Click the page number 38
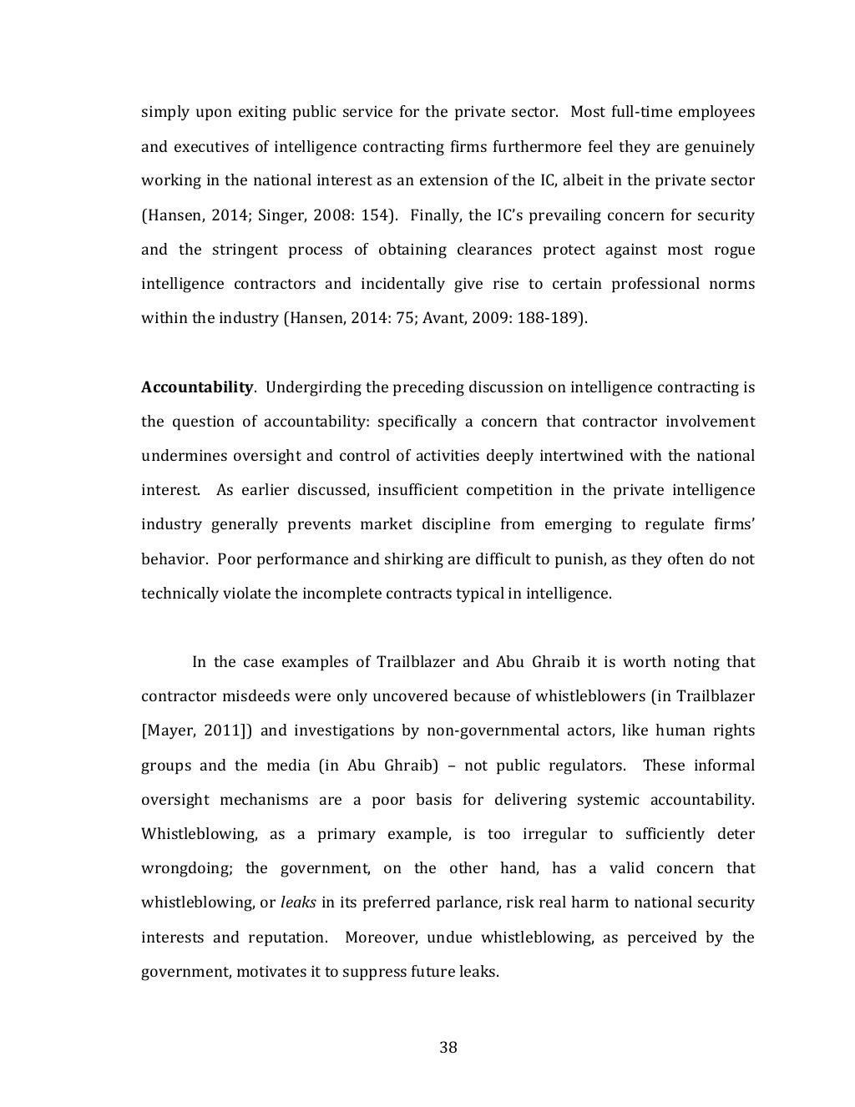[448, 1048]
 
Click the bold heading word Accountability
[196, 387]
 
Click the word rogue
[734, 250]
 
